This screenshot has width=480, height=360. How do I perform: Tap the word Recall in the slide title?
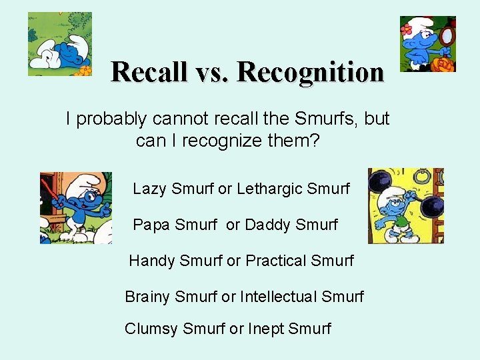[x=149, y=71]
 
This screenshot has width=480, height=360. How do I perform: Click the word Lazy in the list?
[x=150, y=189]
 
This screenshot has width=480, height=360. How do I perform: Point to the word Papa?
[x=151, y=225]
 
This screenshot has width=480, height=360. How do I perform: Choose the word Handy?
[x=150, y=260]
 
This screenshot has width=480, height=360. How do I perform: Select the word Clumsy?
[x=151, y=329]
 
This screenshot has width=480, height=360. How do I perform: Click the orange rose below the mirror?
[x=443, y=64]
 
